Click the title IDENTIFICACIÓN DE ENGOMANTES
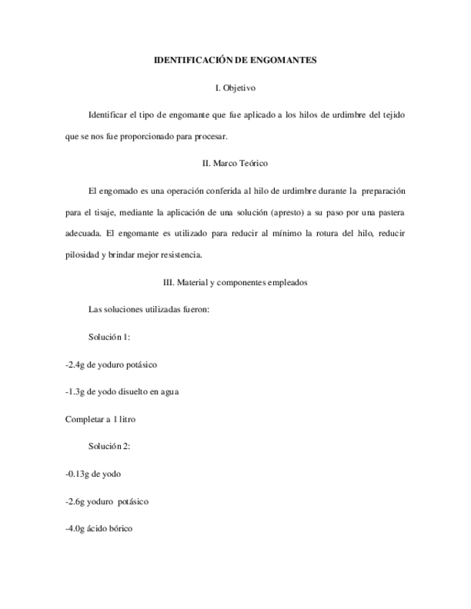[235, 60]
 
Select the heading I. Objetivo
[235, 88]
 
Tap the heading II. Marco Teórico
[235, 163]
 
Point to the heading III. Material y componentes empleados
[235, 282]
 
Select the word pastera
[390, 213]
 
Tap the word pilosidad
[82, 254]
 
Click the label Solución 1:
[109, 337]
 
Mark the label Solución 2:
[109, 446]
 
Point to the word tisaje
[97, 213]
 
